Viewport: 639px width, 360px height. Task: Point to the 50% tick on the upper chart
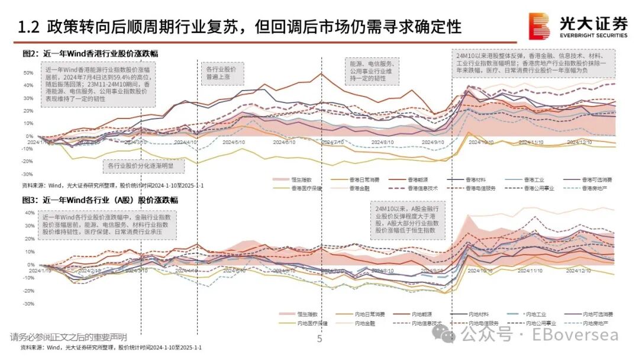click(x=28, y=73)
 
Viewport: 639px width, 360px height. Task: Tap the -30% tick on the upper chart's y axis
click(x=27, y=175)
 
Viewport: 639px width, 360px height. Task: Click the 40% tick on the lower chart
click(x=28, y=213)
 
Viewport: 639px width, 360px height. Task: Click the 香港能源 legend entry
click(x=419, y=179)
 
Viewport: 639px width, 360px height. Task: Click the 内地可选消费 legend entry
click(x=598, y=314)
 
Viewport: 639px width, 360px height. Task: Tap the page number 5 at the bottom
click(x=319, y=339)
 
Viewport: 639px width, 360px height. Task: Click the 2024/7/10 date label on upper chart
click(x=333, y=143)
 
